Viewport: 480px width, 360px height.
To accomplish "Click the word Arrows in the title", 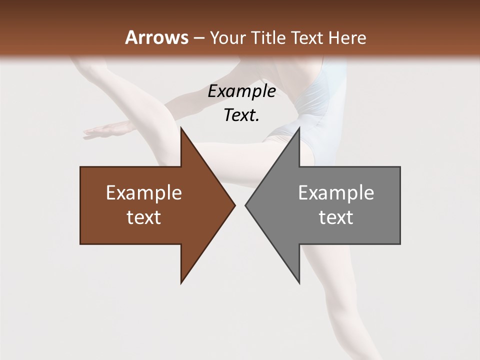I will pyautogui.click(x=156, y=37).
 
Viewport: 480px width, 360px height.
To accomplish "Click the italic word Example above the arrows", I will pyautogui.click(x=241, y=91).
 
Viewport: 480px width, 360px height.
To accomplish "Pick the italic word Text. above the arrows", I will pyautogui.click(x=241, y=115).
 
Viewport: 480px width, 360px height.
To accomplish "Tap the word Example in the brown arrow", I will pyautogui.click(x=144, y=193).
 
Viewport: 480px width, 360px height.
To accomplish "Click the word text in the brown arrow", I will pyautogui.click(x=144, y=217).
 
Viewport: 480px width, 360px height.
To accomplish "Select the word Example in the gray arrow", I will pyautogui.click(x=336, y=193).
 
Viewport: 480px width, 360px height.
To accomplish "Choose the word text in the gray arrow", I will pyautogui.click(x=336, y=217).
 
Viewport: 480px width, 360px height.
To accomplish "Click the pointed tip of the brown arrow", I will pyautogui.click(x=234, y=205).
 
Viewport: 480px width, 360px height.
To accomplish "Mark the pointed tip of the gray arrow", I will pyautogui.click(x=245, y=205).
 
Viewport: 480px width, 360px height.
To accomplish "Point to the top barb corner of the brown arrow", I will pyautogui.click(x=181, y=128).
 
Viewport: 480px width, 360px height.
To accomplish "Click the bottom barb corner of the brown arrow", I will pyautogui.click(x=181, y=283).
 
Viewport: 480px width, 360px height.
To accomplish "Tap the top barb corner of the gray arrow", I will pyautogui.click(x=299, y=128).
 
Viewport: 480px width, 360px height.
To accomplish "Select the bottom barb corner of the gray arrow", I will pyautogui.click(x=299, y=283).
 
